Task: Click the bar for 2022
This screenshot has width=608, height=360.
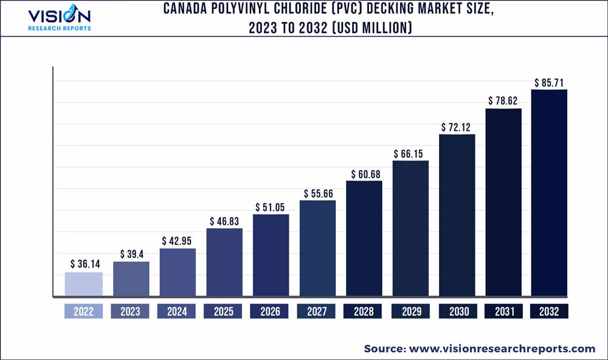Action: (84, 285)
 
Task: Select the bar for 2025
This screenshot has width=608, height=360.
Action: (224, 263)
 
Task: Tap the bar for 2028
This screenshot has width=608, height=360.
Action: (364, 239)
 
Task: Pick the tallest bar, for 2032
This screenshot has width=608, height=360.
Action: (549, 193)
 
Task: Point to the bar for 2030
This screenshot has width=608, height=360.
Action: (457, 216)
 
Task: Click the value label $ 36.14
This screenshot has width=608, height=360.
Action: (84, 264)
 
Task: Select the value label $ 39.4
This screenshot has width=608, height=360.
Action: (131, 253)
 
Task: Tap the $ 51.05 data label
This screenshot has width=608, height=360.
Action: (271, 206)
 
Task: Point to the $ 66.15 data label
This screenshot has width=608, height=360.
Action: (410, 153)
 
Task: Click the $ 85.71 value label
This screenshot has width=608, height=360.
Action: (550, 81)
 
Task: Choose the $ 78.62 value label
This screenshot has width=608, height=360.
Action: (503, 100)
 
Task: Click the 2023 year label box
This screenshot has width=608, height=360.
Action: (130, 311)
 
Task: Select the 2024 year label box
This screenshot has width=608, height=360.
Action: (177, 311)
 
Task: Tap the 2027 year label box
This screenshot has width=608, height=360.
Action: (317, 311)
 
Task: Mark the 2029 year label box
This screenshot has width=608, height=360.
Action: (410, 311)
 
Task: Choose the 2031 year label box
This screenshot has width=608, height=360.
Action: (503, 311)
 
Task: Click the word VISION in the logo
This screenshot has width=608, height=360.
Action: (60, 15)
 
